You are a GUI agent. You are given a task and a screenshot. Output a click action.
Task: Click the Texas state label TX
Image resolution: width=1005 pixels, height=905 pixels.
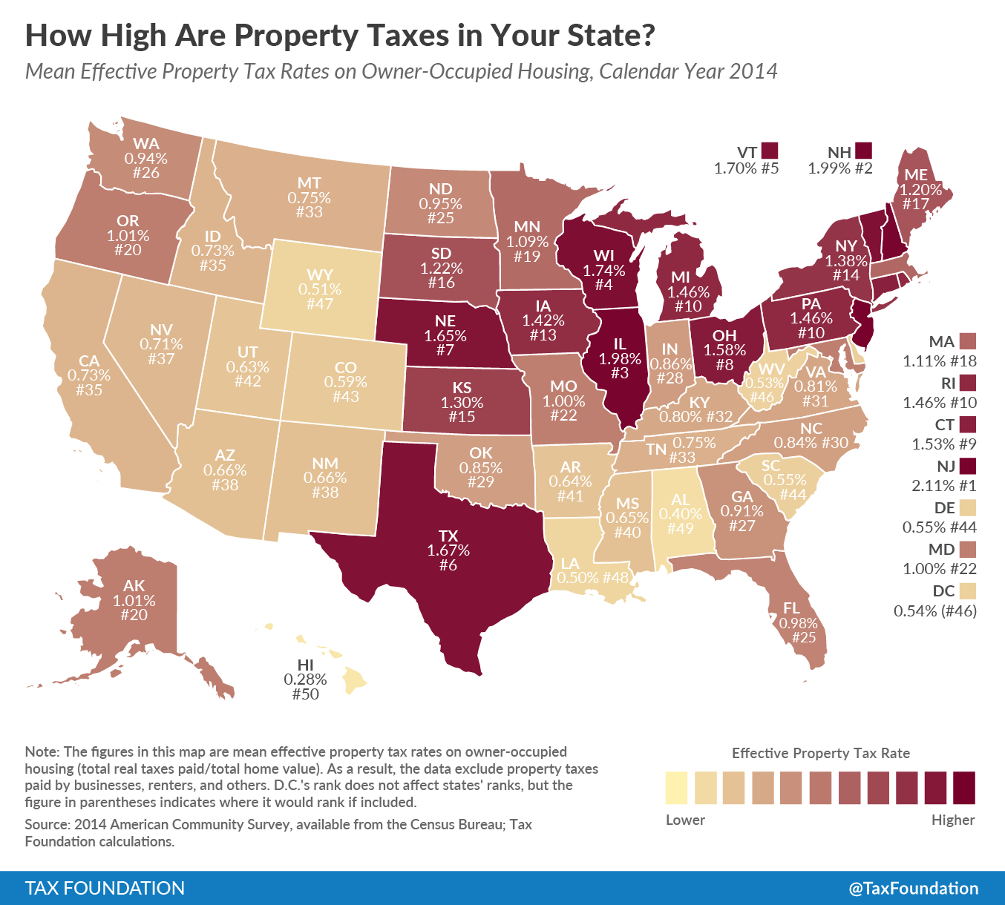[x=448, y=536]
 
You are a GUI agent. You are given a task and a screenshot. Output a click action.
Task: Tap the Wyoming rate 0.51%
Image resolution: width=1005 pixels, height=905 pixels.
[x=320, y=289]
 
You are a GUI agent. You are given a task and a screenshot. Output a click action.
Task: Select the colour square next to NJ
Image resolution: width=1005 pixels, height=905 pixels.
[x=967, y=466]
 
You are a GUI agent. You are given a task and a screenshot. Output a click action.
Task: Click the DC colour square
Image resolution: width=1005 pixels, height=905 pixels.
[x=967, y=591]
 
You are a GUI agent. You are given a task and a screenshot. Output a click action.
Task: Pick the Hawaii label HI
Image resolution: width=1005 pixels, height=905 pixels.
[x=305, y=664]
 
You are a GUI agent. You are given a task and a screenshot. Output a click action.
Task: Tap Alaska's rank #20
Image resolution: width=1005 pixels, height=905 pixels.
[x=134, y=615]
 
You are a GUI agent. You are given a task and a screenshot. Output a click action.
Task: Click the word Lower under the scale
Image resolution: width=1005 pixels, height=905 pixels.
[x=685, y=820]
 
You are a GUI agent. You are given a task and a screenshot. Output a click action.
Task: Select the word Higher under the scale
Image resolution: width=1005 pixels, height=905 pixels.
[x=953, y=820]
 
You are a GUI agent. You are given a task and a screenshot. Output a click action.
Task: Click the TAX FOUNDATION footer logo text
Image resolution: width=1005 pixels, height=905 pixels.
[x=105, y=888]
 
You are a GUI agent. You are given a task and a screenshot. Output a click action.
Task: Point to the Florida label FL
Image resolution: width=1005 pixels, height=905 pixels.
[x=791, y=608]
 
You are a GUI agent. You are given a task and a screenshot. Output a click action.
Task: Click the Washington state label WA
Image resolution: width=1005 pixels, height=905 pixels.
[x=146, y=144]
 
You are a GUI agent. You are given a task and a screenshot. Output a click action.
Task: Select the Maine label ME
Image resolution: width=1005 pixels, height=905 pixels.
[x=917, y=175]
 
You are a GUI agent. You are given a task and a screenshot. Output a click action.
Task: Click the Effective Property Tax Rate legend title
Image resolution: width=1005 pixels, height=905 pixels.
[x=820, y=753]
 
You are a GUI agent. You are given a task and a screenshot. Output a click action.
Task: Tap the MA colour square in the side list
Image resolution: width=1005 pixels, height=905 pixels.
[x=967, y=341]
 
